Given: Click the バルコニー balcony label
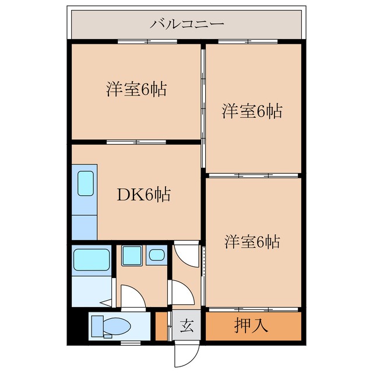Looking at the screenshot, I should [x=186, y=24].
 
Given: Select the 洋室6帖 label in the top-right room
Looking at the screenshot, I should [x=252, y=111].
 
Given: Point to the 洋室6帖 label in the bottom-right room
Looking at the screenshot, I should [x=252, y=241].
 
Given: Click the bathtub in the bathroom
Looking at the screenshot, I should [x=92, y=258].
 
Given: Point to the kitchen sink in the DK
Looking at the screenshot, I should [x=86, y=184].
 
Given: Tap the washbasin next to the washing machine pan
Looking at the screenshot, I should [x=157, y=255].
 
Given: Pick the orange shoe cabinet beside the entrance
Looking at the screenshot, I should [x=161, y=326].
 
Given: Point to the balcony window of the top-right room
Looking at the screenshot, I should [x=252, y=42].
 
